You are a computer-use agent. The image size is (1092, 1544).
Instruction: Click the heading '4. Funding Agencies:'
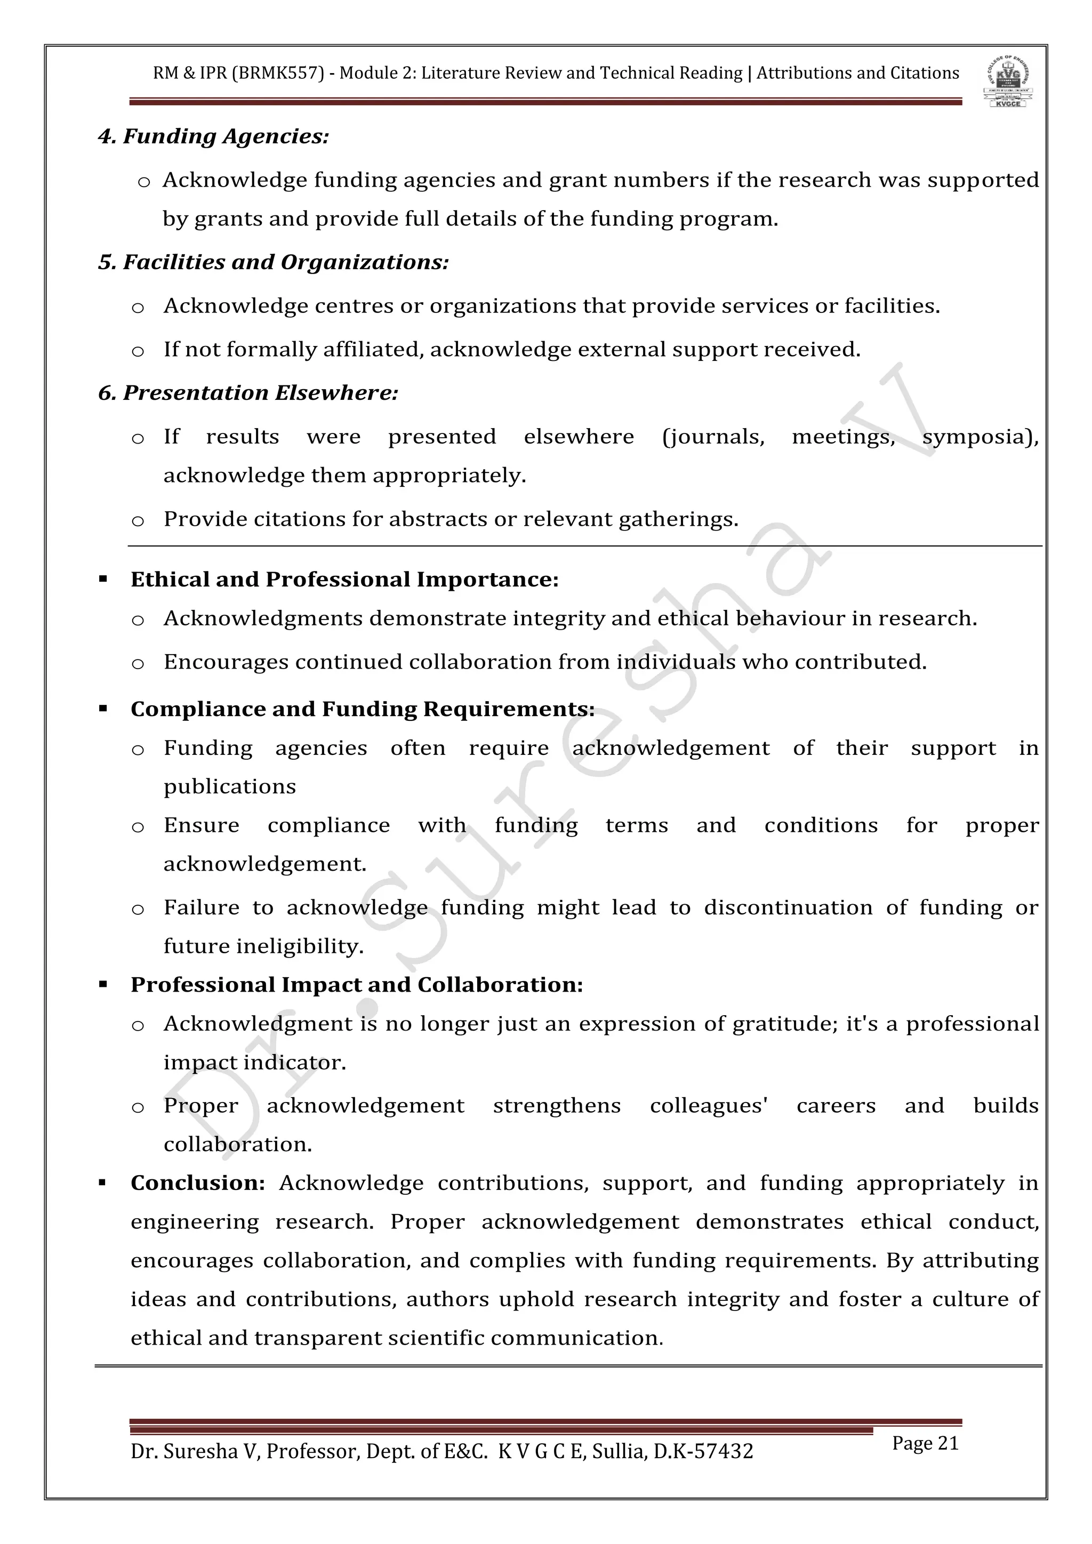pyautogui.click(x=213, y=136)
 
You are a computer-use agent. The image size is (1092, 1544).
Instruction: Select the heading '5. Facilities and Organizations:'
pyautogui.click(x=273, y=262)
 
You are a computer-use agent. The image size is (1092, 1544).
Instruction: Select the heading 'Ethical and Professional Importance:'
pyautogui.click(x=344, y=580)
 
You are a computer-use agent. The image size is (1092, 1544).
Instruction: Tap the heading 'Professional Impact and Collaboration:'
pyautogui.click(x=356, y=985)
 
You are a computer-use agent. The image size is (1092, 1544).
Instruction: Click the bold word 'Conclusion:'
pyautogui.click(x=198, y=1183)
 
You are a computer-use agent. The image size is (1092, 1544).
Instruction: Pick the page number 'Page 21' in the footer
pyautogui.click(x=925, y=1443)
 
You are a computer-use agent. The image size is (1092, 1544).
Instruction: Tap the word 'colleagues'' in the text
pyautogui.click(x=709, y=1106)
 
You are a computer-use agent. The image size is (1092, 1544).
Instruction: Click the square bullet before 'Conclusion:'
pyautogui.click(x=103, y=1183)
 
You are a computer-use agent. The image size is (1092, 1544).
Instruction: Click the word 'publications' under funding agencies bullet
pyautogui.click(x=229, y=787)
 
